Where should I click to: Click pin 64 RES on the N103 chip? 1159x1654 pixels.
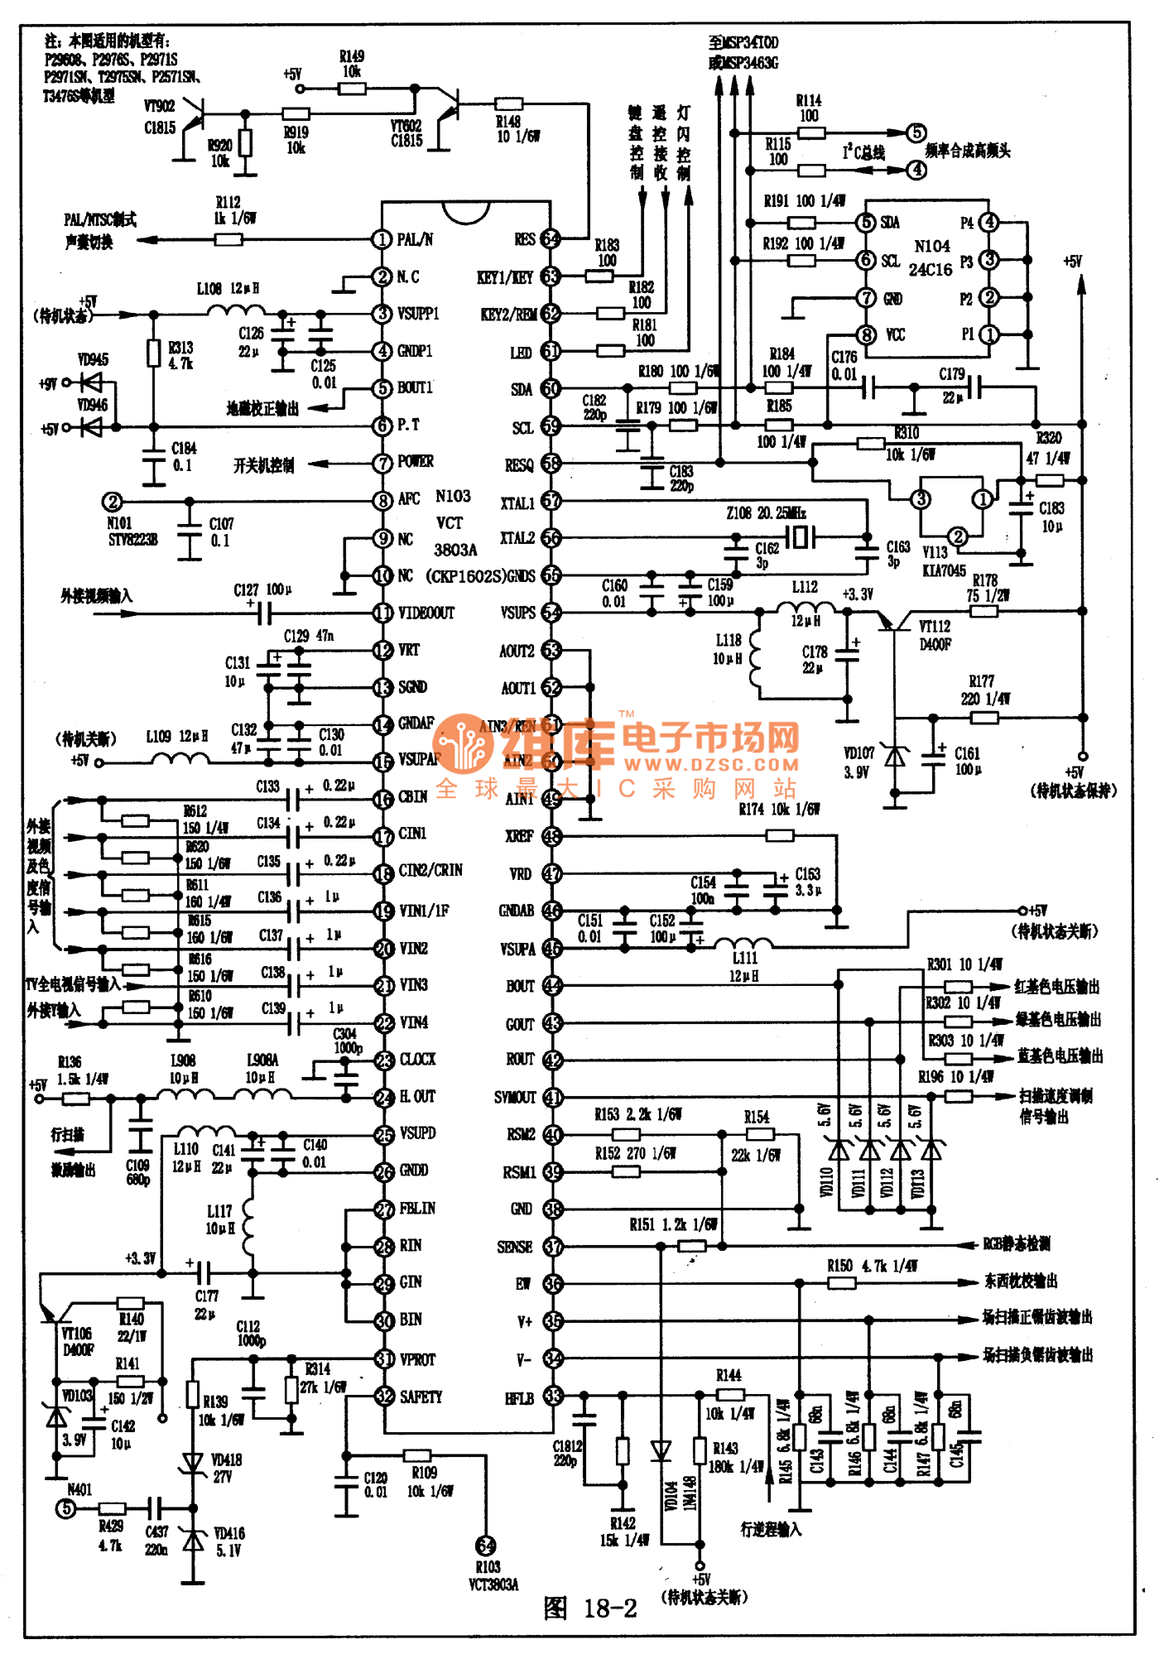550,239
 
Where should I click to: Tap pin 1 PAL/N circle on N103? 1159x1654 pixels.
382,239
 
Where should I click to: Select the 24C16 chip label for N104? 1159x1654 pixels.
931,269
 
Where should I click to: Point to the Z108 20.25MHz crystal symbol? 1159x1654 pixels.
797,536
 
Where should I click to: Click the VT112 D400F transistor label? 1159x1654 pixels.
935,635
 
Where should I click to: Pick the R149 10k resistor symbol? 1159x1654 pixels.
352,88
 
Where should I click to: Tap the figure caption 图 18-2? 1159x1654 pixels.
590,1608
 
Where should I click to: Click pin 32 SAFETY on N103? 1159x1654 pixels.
384,1397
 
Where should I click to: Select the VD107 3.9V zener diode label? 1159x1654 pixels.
858,762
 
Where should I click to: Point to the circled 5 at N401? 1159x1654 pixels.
65,1508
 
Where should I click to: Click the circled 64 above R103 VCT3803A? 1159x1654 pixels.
486,1545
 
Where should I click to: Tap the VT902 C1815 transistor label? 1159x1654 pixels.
160,117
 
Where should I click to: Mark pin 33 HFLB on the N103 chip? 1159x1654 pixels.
552,1397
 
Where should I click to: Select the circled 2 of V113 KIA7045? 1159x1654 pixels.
957,536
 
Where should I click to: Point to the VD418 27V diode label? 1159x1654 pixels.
226,1468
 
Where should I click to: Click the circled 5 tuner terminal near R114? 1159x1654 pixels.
916,132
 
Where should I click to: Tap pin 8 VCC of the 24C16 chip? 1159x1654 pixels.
866,334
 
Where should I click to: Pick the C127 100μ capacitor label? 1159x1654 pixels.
262,589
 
